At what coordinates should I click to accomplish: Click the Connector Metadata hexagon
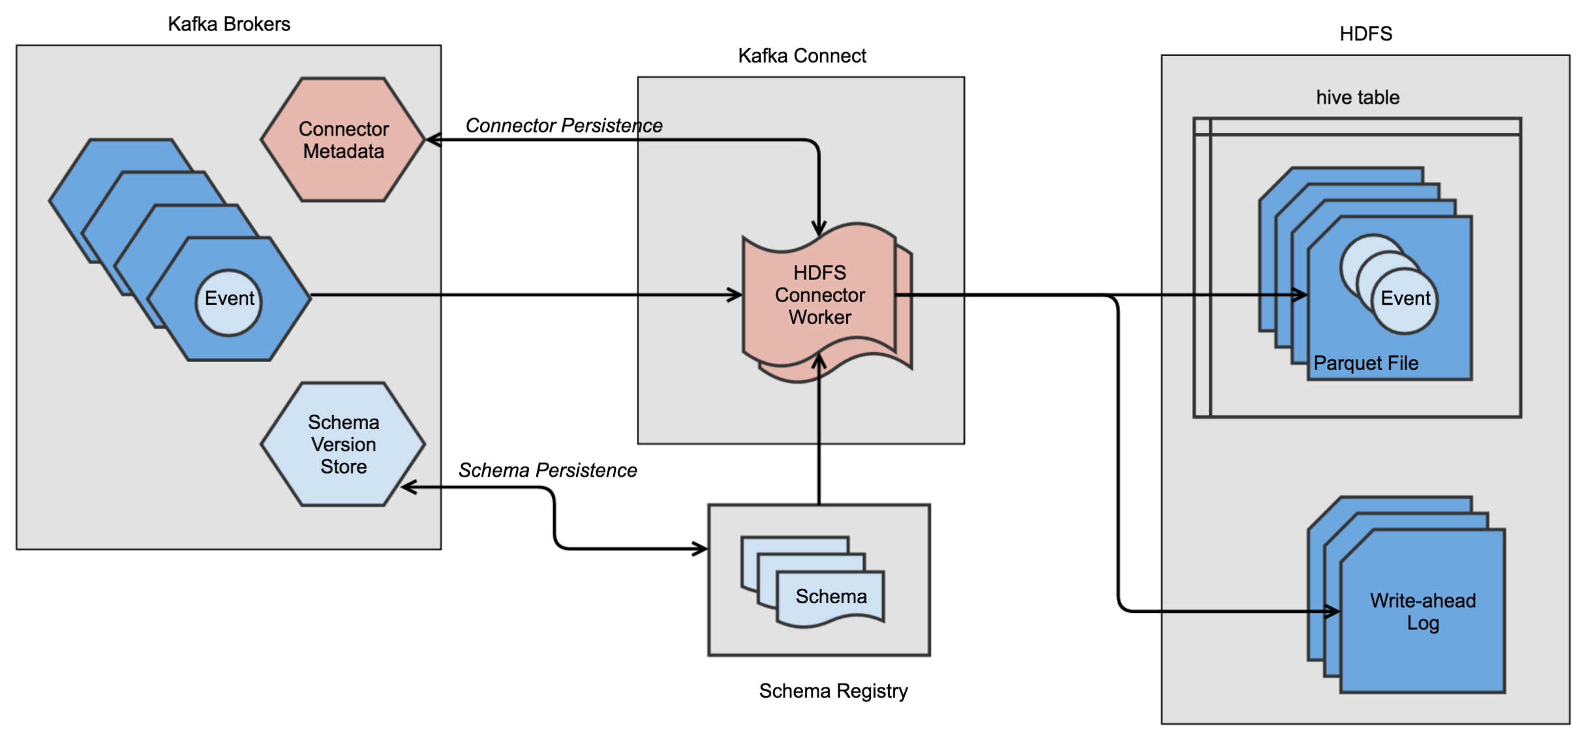click(x=343, y=140)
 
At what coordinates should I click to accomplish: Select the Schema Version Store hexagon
click(x=343, y=444)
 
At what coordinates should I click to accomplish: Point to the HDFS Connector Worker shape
click(x=819, y=295)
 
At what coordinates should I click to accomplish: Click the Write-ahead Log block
click(x=1422, y=611)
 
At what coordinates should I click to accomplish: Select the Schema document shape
click(x=830, y=597)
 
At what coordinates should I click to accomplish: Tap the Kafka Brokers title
click(x=228, y=24)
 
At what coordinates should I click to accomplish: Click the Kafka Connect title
click(x=802, y=56)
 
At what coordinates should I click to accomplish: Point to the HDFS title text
click(x=1365, y=34)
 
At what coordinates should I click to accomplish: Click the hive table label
click(x=1357, y=98)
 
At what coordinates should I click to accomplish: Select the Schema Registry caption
click(x=833, y=691)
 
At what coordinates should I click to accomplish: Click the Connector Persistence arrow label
click(x=564, y=125)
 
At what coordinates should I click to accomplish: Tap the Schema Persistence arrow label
click(x=547, y=470)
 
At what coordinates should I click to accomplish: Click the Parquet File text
click(x=1365, y=363)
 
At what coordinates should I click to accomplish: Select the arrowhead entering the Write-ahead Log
click(x=1332, y=611)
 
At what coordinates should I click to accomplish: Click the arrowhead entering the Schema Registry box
click(x=701, y=548)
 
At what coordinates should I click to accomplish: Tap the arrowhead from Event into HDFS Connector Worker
click(x=735, y=295)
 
